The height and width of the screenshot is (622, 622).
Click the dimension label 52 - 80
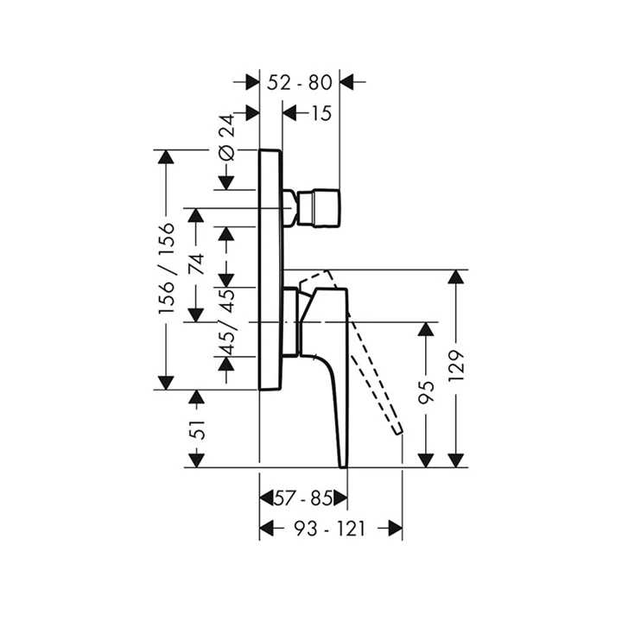tap(300, 83)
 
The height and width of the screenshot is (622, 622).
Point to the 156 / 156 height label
tap(168, 269)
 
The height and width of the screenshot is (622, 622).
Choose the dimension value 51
tap(198, 428)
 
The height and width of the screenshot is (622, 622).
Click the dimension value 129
tap(457, 370)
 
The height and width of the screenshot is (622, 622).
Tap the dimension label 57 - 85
tap(303, 498)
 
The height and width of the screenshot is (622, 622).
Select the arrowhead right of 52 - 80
tap(349, 83)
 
